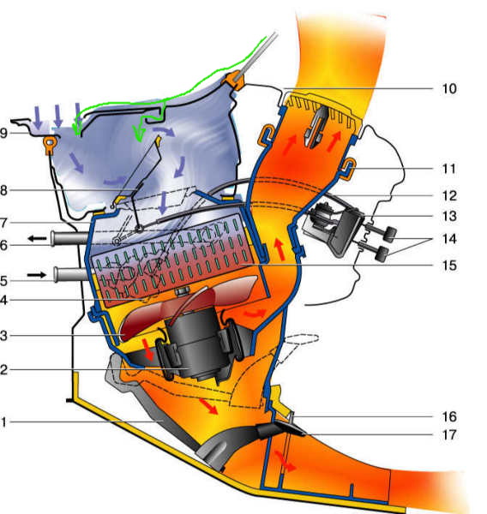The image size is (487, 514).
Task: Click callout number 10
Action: tap(449, 88)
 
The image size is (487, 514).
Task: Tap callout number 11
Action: tap(449, 169)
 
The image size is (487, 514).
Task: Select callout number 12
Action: tap(449, 195)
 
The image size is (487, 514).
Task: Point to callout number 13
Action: tap(449, 217)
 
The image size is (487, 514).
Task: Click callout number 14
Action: tap(449, 239)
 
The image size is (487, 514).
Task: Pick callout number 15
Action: tap(449, 266)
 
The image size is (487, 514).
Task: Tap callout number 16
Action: tap(449, 416)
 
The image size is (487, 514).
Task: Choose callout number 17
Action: tap(449, 435)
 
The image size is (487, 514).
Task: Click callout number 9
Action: tap(3, 133)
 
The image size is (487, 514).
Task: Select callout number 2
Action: tap(3, 370)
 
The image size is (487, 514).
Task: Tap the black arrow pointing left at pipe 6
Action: tap(37, 239)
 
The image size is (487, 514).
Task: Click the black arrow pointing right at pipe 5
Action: tap(37, 275)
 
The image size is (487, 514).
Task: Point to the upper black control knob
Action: tap(390, 234)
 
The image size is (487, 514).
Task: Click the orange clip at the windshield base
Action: tap(234, 81)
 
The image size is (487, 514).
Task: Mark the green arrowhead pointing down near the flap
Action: tap(139, 134)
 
